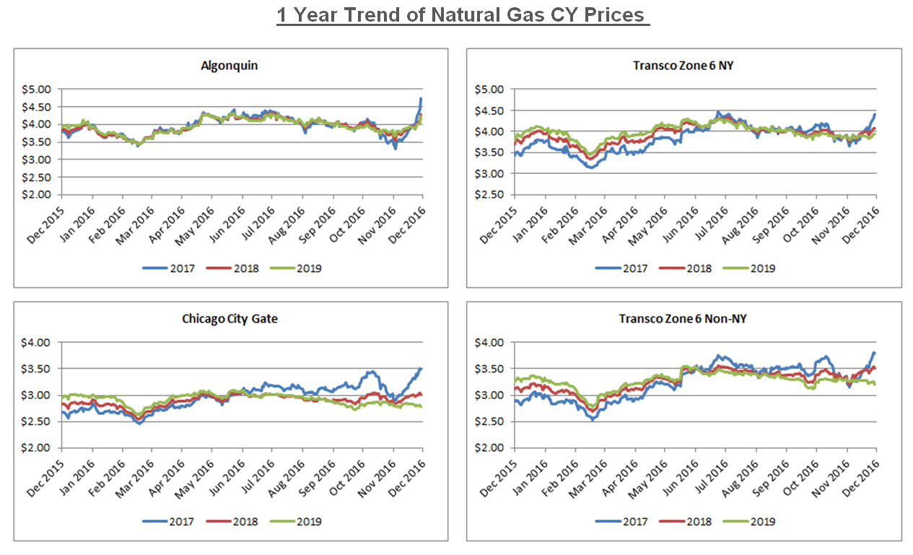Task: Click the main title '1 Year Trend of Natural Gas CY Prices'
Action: pos(463,14)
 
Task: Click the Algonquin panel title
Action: pos(229,66)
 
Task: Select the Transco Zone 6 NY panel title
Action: pos(683,66)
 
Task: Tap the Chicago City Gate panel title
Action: pos(229,318)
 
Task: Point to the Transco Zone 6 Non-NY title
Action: pos(683,318)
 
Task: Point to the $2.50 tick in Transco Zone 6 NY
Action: pos(493,195)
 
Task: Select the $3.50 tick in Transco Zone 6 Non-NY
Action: pos(493,369)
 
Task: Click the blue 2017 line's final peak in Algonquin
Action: pos(421,98)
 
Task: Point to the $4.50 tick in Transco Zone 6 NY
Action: pos(493,110)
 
